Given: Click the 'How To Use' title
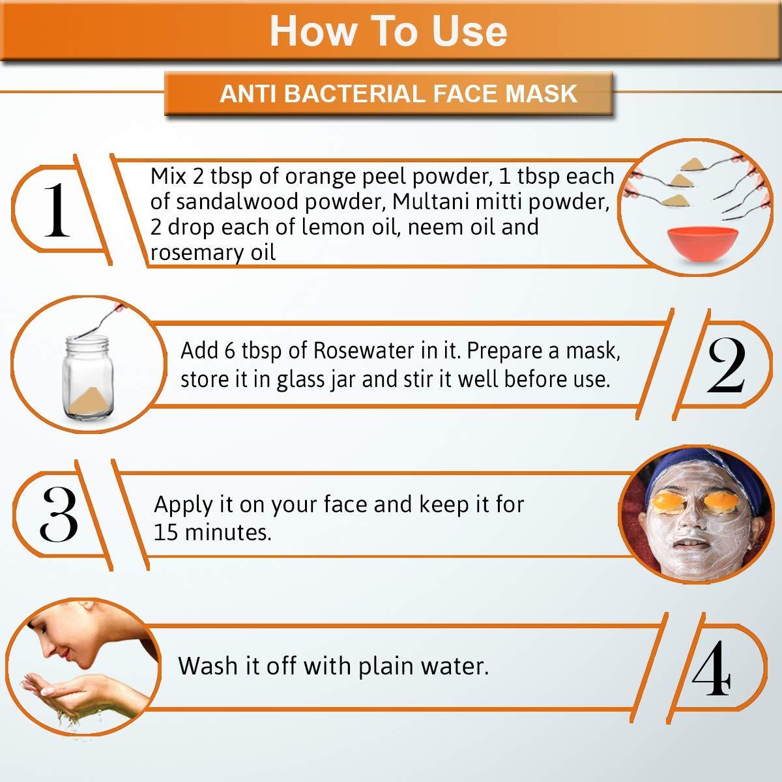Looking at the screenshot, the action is tap(388, 32).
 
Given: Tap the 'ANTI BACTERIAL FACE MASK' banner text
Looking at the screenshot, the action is tap(398, 94).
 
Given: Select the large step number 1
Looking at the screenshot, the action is tap(57, 210).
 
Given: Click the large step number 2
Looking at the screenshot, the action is tap(725, 366).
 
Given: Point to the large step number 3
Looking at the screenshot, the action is tap(59, 514).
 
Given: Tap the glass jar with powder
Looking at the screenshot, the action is tap(88, 377).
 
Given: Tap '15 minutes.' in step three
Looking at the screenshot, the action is tap(212, 532).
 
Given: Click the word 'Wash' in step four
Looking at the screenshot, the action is tap(207, 666).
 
